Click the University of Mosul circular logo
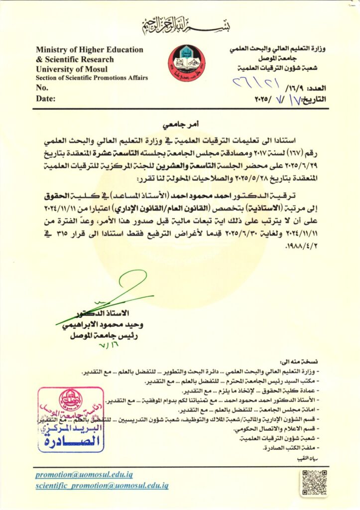[x=186, y=63]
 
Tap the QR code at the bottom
[x=314, y=482]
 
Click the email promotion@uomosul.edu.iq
[x=84, y=475]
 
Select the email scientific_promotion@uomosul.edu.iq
[x=102, y=485]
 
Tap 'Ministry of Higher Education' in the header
[x=90, y=50]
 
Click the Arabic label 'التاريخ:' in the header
[x=313, y=99]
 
